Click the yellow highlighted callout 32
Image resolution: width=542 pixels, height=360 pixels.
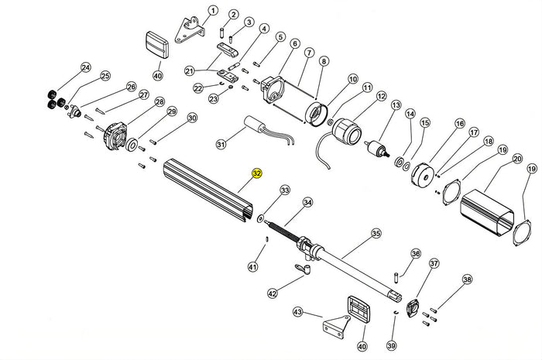tap(257, 174)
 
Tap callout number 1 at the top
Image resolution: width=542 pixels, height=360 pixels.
tap(213, 11)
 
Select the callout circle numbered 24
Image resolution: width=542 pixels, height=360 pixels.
tap(85, 67)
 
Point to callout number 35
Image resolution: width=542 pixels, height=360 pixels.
tap(376, 232)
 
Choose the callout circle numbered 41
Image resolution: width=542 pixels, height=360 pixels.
tap(252, 267)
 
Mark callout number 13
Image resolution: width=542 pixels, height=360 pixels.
tap(396, 105)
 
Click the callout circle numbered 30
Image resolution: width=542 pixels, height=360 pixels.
tap(192, 118)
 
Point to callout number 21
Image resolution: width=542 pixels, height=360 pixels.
tap(189, 71)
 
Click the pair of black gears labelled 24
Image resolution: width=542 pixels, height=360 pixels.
tap(52, 99)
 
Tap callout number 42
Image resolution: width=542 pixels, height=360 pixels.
tap(272, 293)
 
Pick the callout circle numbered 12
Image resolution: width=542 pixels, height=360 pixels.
tap(380, 95)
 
